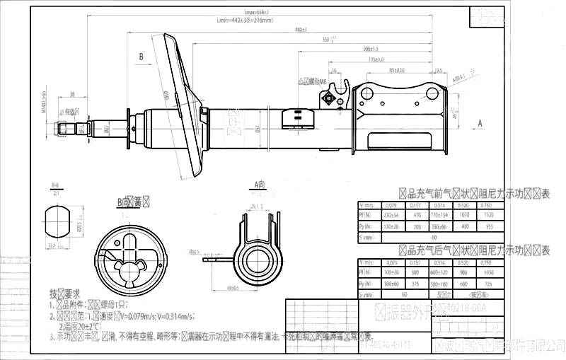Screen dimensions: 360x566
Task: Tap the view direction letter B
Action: coord(141,56)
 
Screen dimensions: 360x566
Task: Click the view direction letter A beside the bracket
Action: coord(480,123)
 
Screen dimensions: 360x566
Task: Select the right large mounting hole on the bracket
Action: coord(432,93)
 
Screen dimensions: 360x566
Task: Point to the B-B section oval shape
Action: coord(58,220)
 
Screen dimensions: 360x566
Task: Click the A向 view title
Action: coord(259,185)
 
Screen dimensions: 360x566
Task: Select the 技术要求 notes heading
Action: coord(64,293)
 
